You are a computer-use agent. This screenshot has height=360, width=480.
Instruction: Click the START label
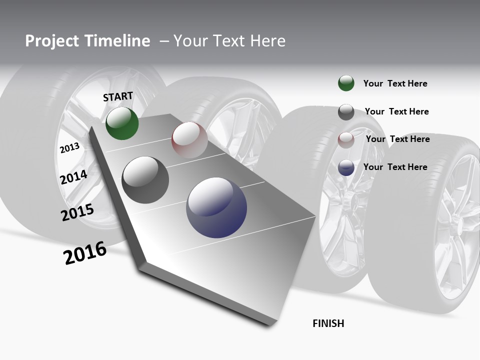click(118, 96)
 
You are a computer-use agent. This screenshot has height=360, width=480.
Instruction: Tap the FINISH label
click(328, 323)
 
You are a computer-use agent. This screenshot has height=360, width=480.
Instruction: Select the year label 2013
click(69, 148)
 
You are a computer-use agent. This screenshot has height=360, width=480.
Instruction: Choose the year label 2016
click(85, 253)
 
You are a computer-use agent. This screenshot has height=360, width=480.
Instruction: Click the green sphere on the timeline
click(122, 123)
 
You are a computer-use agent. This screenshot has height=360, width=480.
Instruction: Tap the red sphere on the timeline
click(189, 140)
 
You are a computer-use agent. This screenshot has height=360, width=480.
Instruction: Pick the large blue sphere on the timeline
click(216, 207)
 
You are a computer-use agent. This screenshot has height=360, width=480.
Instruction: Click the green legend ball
click(346, 83)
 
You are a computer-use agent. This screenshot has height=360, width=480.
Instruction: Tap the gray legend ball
click(346, 112)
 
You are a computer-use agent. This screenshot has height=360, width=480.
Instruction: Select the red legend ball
click(346, 139)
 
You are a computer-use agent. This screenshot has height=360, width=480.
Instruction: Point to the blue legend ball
click(346, 167)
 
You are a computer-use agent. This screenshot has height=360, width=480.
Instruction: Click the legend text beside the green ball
click(395, 83)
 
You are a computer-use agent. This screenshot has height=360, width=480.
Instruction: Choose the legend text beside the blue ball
click(395, 167)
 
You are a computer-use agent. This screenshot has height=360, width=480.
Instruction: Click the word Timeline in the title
click(117, 41)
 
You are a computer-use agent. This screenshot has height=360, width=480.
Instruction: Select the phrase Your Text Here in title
click(229, 41)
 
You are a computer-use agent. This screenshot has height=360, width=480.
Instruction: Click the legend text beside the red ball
click(397, 139)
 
